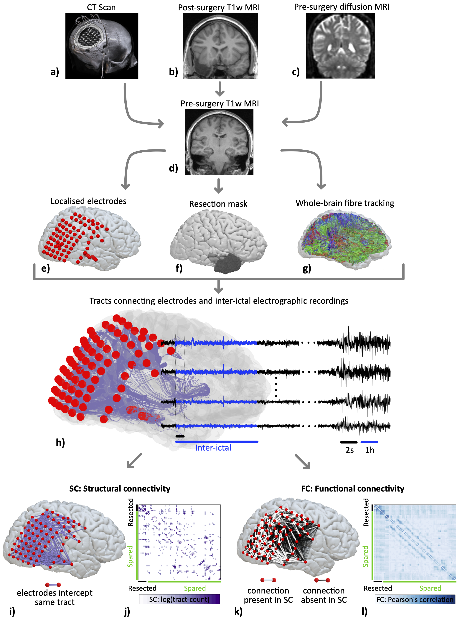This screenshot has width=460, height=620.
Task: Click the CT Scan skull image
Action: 102,46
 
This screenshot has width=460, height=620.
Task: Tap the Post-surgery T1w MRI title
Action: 219,8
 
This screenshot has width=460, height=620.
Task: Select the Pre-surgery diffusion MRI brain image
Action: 340,46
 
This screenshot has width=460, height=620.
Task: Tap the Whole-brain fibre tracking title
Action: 345,203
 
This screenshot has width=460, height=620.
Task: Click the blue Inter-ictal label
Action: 213,448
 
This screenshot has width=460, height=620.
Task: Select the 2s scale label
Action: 349,450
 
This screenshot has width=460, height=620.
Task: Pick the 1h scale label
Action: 370,450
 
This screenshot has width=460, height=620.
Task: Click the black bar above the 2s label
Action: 349,442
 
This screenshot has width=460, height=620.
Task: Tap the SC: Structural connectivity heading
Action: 120,489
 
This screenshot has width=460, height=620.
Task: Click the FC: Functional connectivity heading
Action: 352,489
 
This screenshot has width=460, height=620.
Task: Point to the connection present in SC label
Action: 268,595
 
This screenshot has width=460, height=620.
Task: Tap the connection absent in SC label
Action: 324,595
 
